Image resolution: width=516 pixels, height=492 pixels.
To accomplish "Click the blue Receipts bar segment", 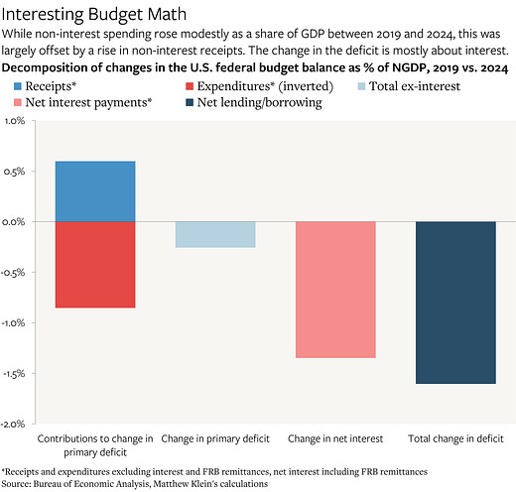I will [x=95, y=191].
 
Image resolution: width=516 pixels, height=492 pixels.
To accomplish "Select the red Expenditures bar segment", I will [x=95, y=264].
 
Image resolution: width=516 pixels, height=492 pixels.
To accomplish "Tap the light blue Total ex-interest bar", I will [x=215, y=234].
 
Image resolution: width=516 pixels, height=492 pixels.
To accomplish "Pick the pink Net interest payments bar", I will [x=335, y=289].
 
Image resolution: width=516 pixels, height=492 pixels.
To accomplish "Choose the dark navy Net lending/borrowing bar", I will [x=455, y=302].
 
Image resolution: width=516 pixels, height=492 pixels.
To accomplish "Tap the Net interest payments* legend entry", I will [x=89, y=103].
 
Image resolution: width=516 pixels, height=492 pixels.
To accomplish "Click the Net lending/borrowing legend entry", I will [x=259, y=103].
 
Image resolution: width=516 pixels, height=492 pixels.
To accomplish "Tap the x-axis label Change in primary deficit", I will [x=215, y=437].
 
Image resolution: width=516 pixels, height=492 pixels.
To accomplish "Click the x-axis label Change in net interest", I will [x=335, y=437].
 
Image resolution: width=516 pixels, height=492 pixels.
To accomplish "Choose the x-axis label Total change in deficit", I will [x=455, y=437].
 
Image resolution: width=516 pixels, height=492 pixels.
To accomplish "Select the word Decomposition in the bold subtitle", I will [x=50, y=67].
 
